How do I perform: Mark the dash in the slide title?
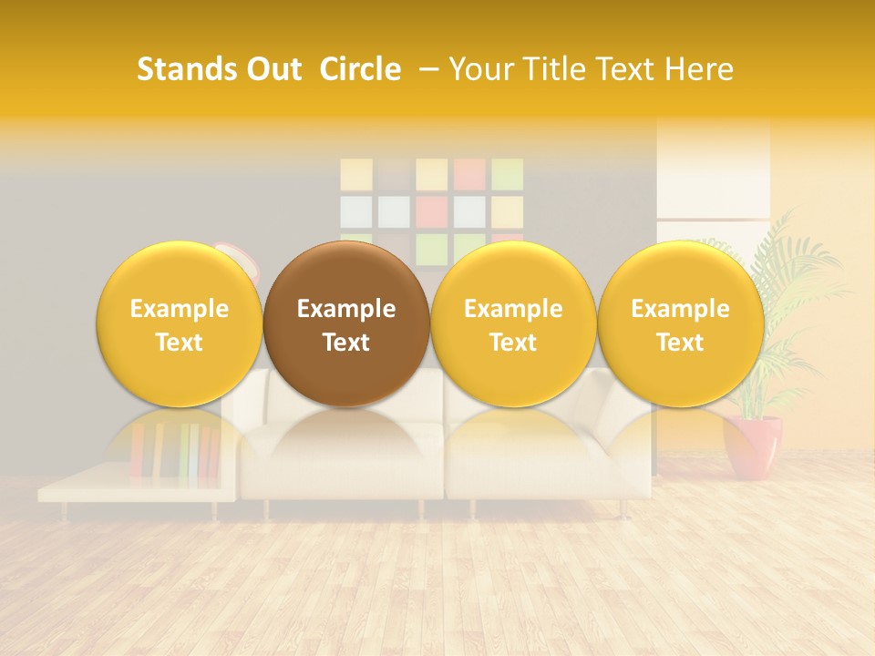[x=428, y=69]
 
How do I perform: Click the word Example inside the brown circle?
[x=346, y=309]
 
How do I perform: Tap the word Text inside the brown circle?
[x=346, y=343]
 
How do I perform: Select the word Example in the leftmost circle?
[x=180, y=309]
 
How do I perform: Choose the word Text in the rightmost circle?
[x=680, y=343]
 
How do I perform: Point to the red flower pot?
[x=752, y=446]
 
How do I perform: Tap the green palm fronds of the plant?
[x=793, y=273]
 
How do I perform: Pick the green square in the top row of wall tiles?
[x=507, y=174]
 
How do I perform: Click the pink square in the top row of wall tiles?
[x=469, y=174]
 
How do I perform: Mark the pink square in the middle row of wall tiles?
[x=432, y=211]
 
